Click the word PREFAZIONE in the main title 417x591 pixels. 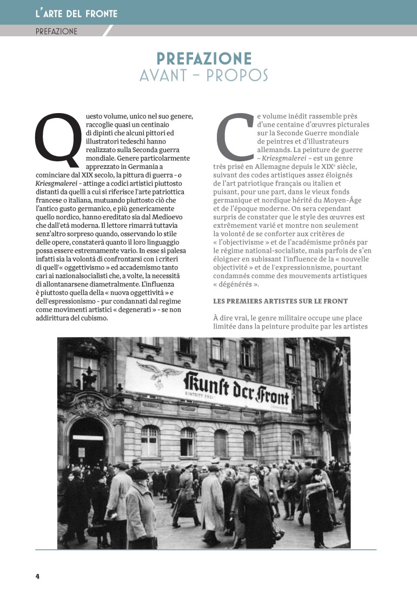pyautogui.click(x=204, y=58)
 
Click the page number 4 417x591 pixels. pyautogui.click(x=38, y=576)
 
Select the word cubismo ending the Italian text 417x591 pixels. pyautogui.click(x=91, y=318)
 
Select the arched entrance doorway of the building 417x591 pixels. pyautogui.click(x=89, y=439)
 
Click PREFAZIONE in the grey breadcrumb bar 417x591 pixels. pyautogui.click(x=56, y=31)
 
